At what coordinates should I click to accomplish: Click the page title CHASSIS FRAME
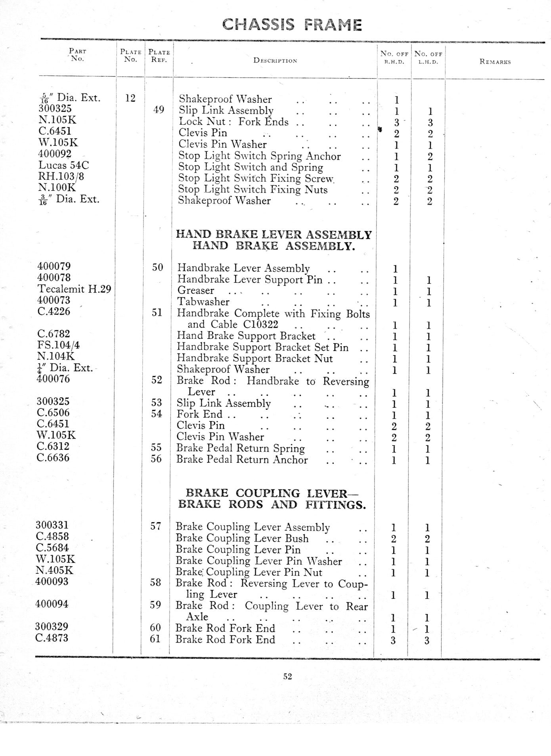pyautogui.click(x=292, y=25)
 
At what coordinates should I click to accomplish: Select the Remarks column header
pyautogui.click(x=495, y=61)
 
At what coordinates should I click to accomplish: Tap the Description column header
pyautogui.click(x=275, y=61)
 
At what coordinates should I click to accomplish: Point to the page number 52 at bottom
pyautogui.click(x=287, y=676)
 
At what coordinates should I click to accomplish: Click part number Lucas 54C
pyautogui.click(x=63, y=165)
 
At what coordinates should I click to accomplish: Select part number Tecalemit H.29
pyautogui.click(x=74, y=289)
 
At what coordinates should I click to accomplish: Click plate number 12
pyautogui.click(x=130, y=98)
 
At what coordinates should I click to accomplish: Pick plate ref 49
pyautogui.click(x=159, y=109)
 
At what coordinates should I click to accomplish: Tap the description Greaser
pyautogui.click(x=196, y=290)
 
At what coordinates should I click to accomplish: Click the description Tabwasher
pyautogui.click(x=203, y=302)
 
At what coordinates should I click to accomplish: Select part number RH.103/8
pyautogui.click(x=61, y=176)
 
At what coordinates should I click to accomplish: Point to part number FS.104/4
pyautogui.click(x=58, y=345)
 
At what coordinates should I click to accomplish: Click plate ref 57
pyautogui.click(x=155, y=526)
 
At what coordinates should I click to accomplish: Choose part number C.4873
pyautogui.click(x=52, y=638)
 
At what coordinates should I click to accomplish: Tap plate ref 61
pyautogui.click(x=155, y=639)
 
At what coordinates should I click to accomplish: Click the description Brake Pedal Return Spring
pyautogui.click(x=240, y=448)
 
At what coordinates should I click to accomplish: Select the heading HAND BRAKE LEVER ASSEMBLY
pyautogui.click(x=274, y=235)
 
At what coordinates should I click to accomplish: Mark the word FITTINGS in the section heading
pyautogui.click(x=335, y=505)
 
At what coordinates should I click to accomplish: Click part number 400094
pyautogui.click(x=52, y=604)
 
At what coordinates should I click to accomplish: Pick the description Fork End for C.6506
pyautogui.click(x=199, y=414)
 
